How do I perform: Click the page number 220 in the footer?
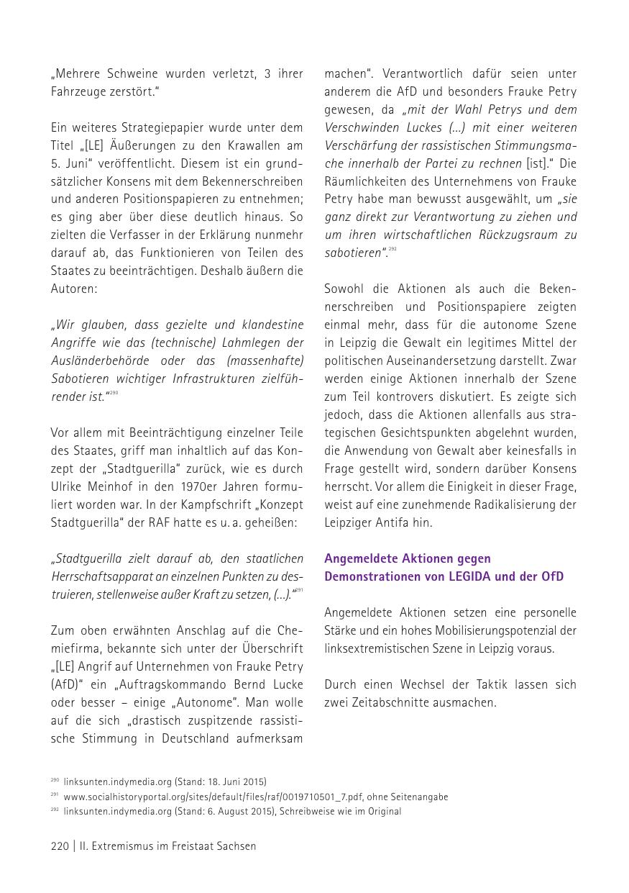pyautogui.click(x=59, y=846)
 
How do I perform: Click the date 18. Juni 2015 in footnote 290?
pyautogui.click(x=230, y=781)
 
